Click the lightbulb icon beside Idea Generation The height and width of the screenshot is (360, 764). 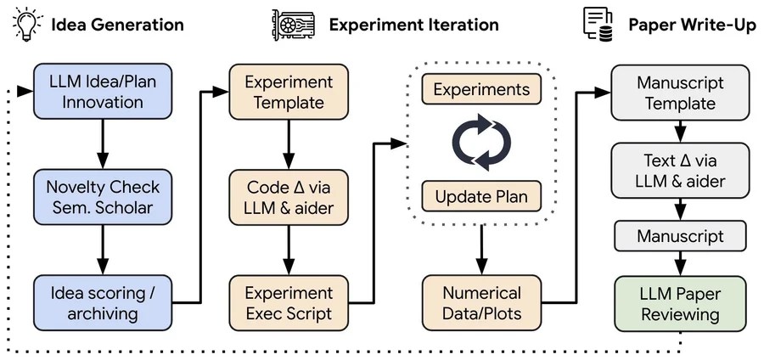[x=25, y=23]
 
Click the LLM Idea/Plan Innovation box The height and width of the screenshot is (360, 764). [x=104, y=92]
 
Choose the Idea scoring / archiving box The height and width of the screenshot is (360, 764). [x=104, y=301]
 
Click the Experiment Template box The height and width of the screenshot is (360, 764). [x=289, y=92]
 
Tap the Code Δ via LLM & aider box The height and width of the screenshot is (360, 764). [x=289, y=197]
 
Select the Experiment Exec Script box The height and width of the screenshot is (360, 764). [x=289, y=301]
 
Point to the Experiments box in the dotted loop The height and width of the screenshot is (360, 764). [x=481, y=89]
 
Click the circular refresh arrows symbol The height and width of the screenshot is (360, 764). [x=482, y=142]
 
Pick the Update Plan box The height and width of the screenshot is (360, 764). [x=481, y=196]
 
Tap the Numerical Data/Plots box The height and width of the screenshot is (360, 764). [x=481, y=302]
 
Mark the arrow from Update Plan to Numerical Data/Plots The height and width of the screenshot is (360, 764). [x=482, y=250]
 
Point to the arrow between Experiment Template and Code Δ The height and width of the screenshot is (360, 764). [x=289, y=144]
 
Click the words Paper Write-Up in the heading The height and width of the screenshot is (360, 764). [x=692, y=25]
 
